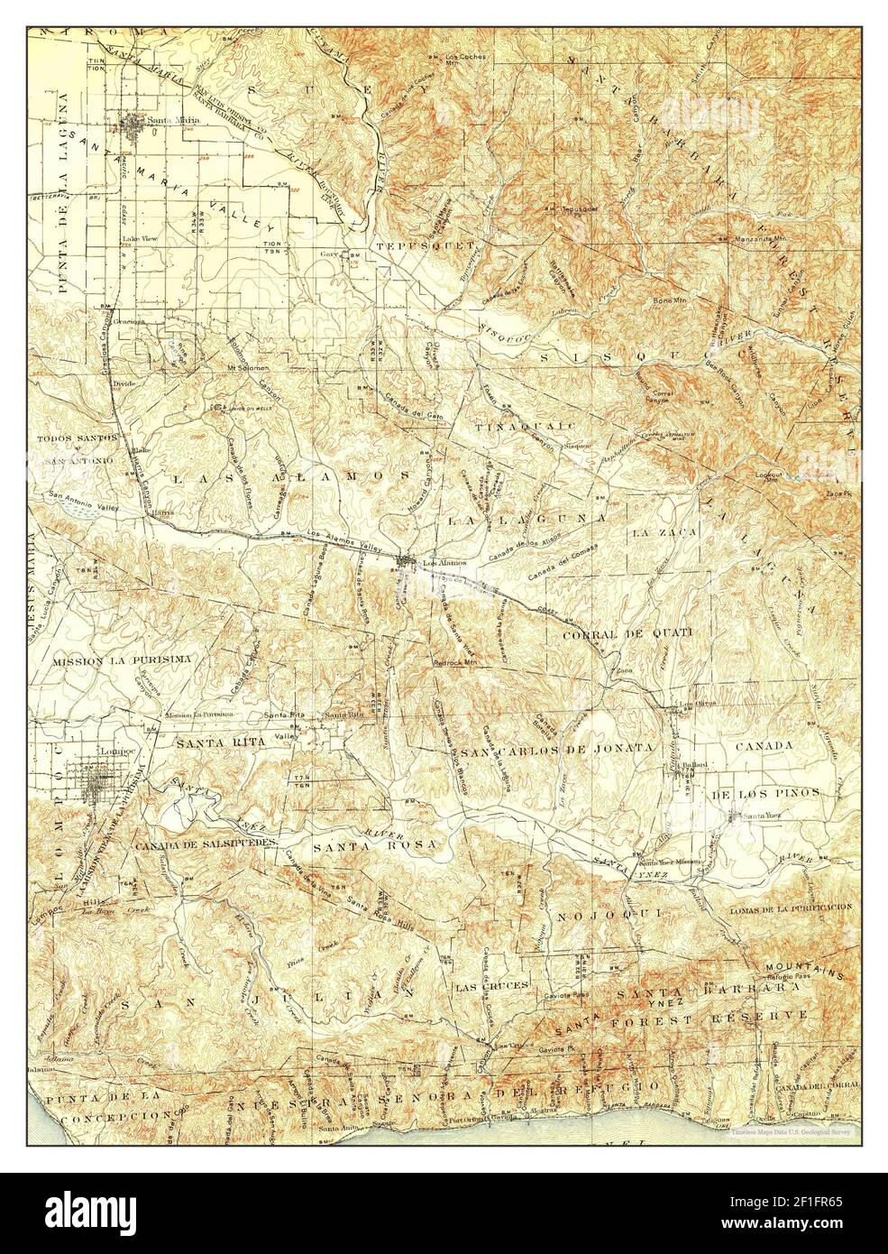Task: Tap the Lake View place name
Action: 136,239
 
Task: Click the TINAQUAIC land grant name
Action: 514,423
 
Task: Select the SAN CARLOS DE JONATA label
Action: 557,750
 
